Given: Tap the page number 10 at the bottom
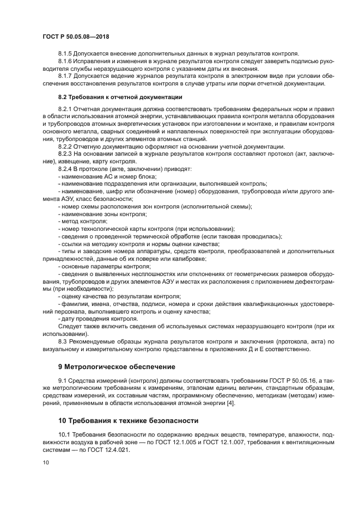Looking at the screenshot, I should pyautogui.click(x=46, y=462).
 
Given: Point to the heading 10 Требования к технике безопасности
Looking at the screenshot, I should pyautogui.click(x=128, y=421).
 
